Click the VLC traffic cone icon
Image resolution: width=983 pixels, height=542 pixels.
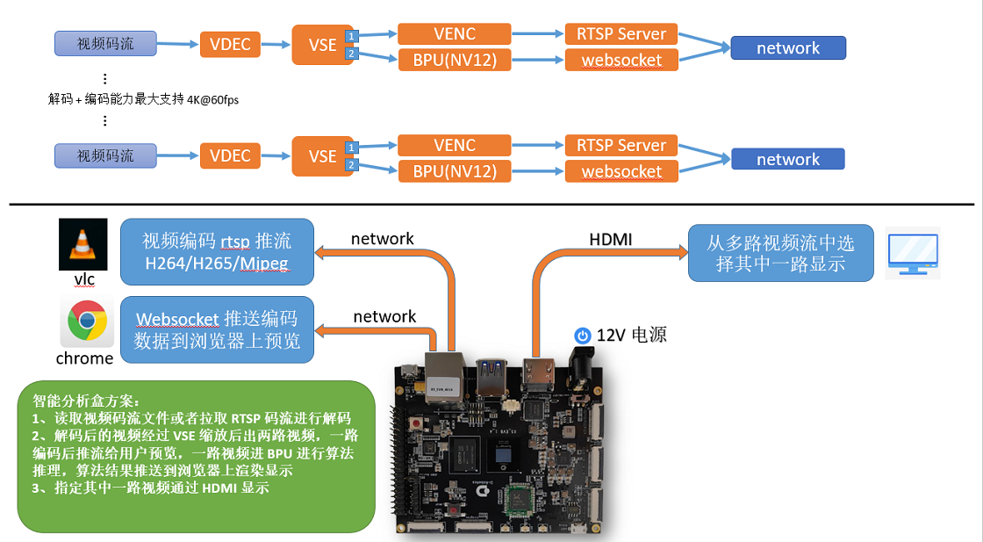83,244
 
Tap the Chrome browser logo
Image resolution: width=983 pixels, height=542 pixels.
87,321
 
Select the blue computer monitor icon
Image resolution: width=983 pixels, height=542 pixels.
914,254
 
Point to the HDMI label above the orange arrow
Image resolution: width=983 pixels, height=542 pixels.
611,240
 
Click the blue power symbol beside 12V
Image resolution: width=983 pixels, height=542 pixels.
583,336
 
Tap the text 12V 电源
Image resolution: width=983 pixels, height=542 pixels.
631,335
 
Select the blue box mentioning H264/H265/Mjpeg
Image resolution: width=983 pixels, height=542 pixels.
217,251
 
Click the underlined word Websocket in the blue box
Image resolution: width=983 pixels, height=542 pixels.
176,319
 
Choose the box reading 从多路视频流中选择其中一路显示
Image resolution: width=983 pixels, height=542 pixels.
780,253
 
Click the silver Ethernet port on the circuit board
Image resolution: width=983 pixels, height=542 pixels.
444,375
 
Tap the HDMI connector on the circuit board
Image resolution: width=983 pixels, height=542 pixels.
539,373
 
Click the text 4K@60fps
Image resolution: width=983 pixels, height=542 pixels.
212,100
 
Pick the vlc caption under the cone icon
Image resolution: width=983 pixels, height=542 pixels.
84,279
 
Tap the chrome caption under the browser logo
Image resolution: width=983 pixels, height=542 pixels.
84,358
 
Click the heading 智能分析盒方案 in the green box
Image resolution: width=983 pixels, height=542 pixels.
86,401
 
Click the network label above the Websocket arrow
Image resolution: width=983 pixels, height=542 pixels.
384,317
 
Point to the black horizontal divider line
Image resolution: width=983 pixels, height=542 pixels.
491,205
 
